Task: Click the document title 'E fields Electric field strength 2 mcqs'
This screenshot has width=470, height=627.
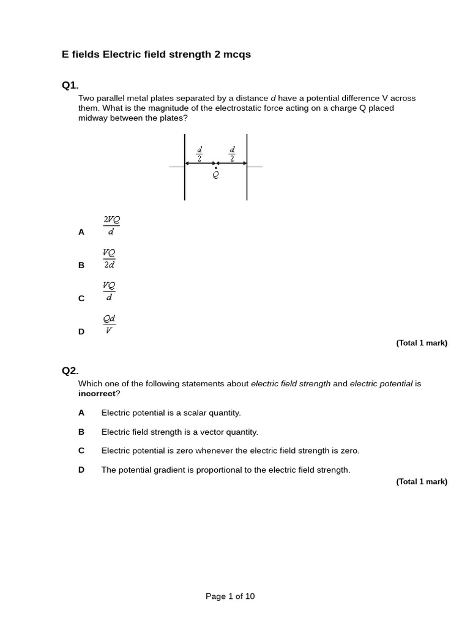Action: [x=156, y=54]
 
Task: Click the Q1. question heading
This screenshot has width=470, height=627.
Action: [x=70, y=85]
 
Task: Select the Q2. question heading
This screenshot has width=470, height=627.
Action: [x=70, y=370]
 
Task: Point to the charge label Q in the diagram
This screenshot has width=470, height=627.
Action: [x=215, y=175]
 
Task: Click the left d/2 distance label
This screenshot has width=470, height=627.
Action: [x=200, y=153]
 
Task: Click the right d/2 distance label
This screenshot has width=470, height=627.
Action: [x=232, y=153]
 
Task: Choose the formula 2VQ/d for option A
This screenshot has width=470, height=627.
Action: [x=111, y=225]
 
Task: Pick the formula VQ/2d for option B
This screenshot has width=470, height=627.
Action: [x=110, y=258]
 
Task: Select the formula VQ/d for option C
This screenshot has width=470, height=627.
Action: [x=109, y=291]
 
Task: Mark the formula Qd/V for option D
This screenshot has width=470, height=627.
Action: [x=110, y=325]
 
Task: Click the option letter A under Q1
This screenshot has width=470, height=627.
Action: [x=81, y=232]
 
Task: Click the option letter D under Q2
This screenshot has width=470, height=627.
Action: [x=81, y=470]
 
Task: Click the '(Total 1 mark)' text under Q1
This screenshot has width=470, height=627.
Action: [x=422, y=343]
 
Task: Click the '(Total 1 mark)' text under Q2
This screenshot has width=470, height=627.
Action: [x=422, y=482]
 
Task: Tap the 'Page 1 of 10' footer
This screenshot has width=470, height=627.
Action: [x=230, y=596]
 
